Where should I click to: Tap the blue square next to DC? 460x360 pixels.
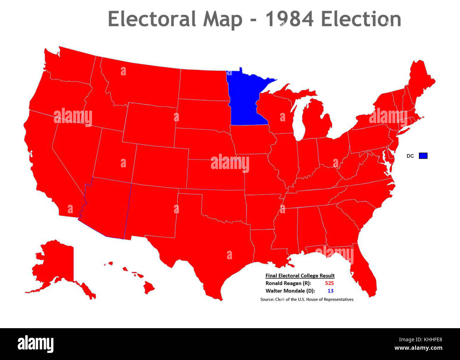click(423, 156)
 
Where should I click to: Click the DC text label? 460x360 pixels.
click(410, 156)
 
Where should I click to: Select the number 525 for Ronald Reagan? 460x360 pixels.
click(329, 283)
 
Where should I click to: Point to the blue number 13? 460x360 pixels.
click(330, 291)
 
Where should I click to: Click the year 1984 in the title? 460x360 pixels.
click(289, 19)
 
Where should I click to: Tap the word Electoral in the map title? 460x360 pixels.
click(152, 19)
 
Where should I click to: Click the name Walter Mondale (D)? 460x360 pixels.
click(290, 291)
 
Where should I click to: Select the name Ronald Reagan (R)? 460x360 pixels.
click(288, 283)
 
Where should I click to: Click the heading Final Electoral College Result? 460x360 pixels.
click(300, 276)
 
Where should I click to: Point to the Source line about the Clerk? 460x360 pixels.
click(307, 300)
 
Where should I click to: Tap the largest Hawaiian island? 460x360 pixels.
click(149, 288)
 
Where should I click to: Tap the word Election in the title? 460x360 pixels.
click(361, 19)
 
